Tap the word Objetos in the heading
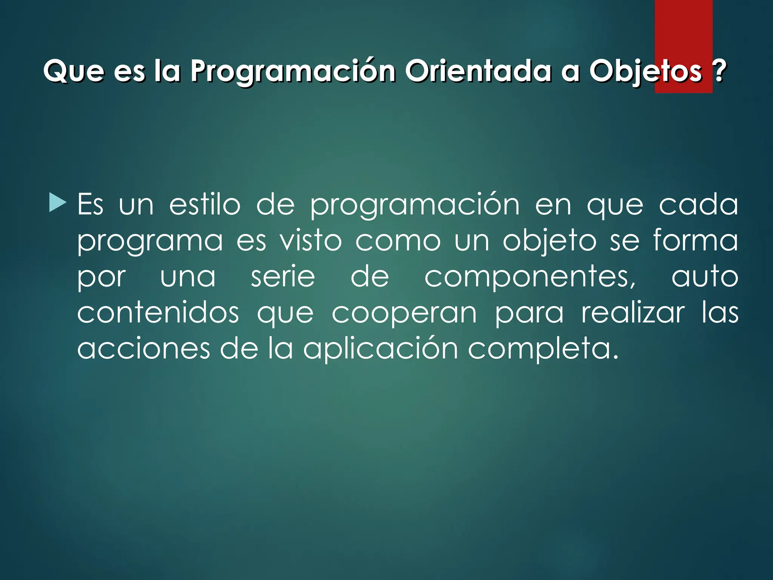[646, 71]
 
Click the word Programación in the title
[293, 71]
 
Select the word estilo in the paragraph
[205, 205]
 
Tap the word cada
[698, 205]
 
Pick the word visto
[311, 241]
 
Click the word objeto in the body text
[550, 241]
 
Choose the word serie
[283, 277]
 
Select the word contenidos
[158, 313]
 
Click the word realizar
[633, 313]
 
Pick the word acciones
[143, 349]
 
